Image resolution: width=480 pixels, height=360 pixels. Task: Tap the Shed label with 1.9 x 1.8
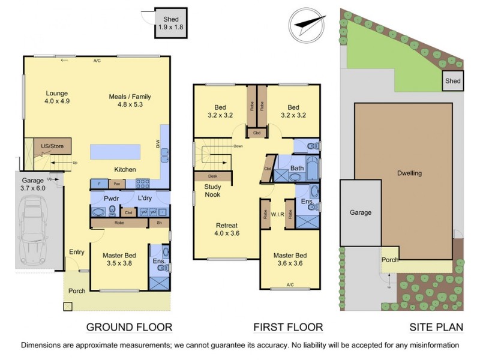171,23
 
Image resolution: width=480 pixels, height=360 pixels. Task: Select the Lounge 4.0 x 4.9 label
57,98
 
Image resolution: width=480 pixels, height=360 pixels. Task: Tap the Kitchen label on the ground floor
125,170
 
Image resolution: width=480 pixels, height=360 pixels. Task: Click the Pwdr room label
112,197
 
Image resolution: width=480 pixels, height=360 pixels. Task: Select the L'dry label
145,197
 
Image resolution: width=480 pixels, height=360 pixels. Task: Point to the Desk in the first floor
212,176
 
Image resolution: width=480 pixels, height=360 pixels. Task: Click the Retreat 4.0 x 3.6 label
227,230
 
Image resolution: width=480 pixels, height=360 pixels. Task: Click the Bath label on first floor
296,168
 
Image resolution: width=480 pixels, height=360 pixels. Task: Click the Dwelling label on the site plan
409,173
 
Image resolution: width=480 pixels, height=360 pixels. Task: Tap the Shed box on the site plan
452,81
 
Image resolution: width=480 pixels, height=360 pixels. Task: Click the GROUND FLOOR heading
129,327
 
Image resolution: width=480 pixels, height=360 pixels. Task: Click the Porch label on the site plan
390,260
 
